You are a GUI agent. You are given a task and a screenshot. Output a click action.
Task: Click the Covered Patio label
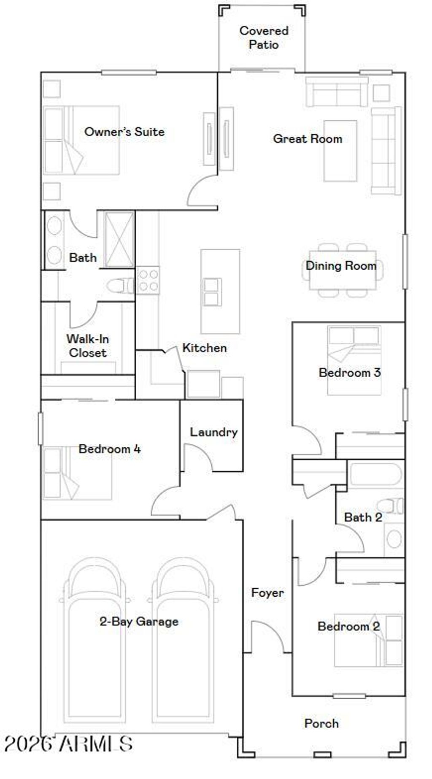(264, 37)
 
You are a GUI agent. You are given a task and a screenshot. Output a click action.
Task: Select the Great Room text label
(307, 138)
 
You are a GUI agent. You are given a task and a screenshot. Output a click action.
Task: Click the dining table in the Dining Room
(342, 270)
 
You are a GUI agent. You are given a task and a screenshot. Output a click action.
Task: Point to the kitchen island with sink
(220, 291)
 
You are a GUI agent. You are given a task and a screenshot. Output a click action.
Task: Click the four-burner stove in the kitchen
(148, 280)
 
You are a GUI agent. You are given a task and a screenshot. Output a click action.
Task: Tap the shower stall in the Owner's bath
(119, 240)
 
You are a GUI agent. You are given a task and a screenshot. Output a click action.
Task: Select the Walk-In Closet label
(88, 346)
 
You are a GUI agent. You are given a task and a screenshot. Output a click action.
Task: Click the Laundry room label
(213, 432)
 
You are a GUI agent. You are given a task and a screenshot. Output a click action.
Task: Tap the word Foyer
(267, 592)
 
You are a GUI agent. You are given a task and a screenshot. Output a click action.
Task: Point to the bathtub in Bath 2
(375, 474)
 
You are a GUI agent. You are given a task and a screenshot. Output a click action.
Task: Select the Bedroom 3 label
(349, 373)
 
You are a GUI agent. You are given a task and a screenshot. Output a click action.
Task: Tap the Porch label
(321, 723)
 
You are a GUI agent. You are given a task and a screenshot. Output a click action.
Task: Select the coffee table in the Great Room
(340, 151)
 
